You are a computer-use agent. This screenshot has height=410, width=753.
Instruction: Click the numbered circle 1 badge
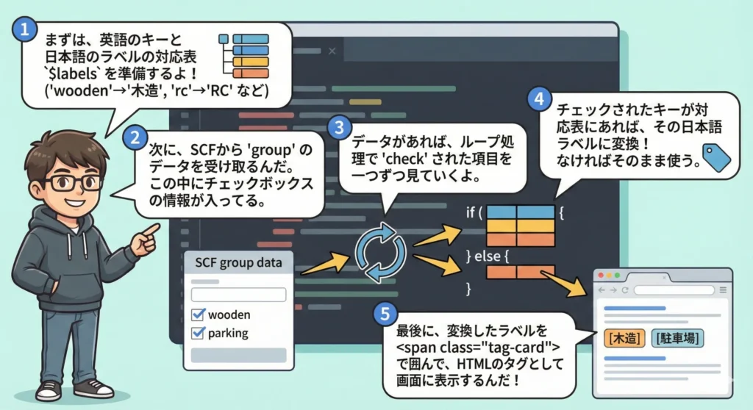pyautogui.click(x=26, y=30)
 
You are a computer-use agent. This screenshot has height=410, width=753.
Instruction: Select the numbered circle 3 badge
pyautogui.click(x=339, y=127)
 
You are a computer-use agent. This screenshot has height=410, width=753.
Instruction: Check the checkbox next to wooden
pyautogui.click(x=197, y=314)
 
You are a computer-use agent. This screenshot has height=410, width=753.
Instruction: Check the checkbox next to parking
pyautogui.click(x=197, y=334)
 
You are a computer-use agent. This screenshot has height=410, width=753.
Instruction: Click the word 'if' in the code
pyautogui.click(x=473, y=213)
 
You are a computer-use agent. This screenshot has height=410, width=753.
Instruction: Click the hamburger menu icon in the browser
pyautogui.click(x=723, y=290)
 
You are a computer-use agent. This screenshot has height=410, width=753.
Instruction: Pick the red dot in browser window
pyautogui.click(x=600, y=276)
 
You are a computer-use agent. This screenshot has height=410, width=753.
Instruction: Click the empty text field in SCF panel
pyautogui.click(x=238, y=294)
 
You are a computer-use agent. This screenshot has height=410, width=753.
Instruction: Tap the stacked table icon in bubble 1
pyautogui.click(x=245, y=55)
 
